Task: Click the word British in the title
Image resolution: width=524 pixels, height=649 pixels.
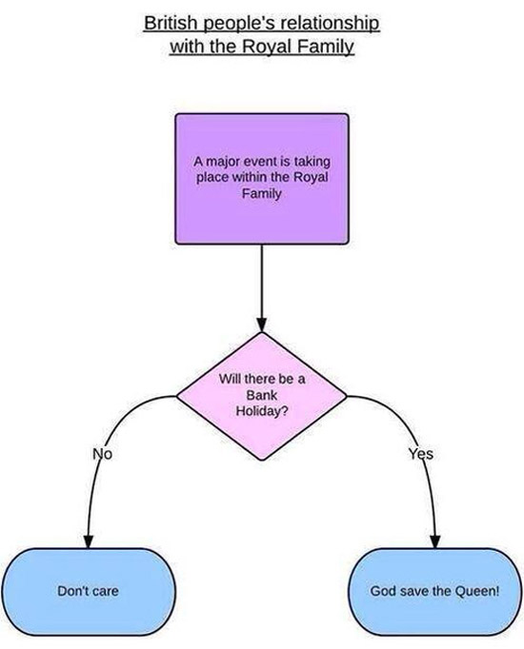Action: pos(171,23)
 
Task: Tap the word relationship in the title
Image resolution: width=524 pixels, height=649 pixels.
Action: pos(330,24)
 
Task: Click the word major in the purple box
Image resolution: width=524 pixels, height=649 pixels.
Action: pos(222,161)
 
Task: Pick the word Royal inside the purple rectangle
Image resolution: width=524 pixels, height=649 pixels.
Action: pos(311,177)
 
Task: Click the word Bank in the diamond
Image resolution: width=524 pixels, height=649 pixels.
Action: pos(261,395)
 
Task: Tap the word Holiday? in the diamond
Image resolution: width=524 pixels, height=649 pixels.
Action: pos(262,411)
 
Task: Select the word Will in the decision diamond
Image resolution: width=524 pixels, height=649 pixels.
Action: pos(230,379)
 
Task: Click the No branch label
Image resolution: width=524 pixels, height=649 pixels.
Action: pos(102,454)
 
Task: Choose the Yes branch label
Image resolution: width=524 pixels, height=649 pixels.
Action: pos(421,454)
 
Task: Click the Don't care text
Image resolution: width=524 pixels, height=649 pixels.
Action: pos(88,591)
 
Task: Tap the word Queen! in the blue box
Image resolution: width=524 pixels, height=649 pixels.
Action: pos(477,591)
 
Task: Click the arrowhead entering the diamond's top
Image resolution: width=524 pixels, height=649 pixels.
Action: pos(262,324)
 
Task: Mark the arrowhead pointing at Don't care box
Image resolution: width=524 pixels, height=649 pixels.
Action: pos(89,541)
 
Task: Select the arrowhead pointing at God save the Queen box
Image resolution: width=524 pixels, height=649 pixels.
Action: pos(435,541)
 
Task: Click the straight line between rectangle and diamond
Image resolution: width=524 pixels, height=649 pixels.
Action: pos(262,282)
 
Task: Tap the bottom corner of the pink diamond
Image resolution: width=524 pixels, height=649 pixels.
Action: pos(262,460)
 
